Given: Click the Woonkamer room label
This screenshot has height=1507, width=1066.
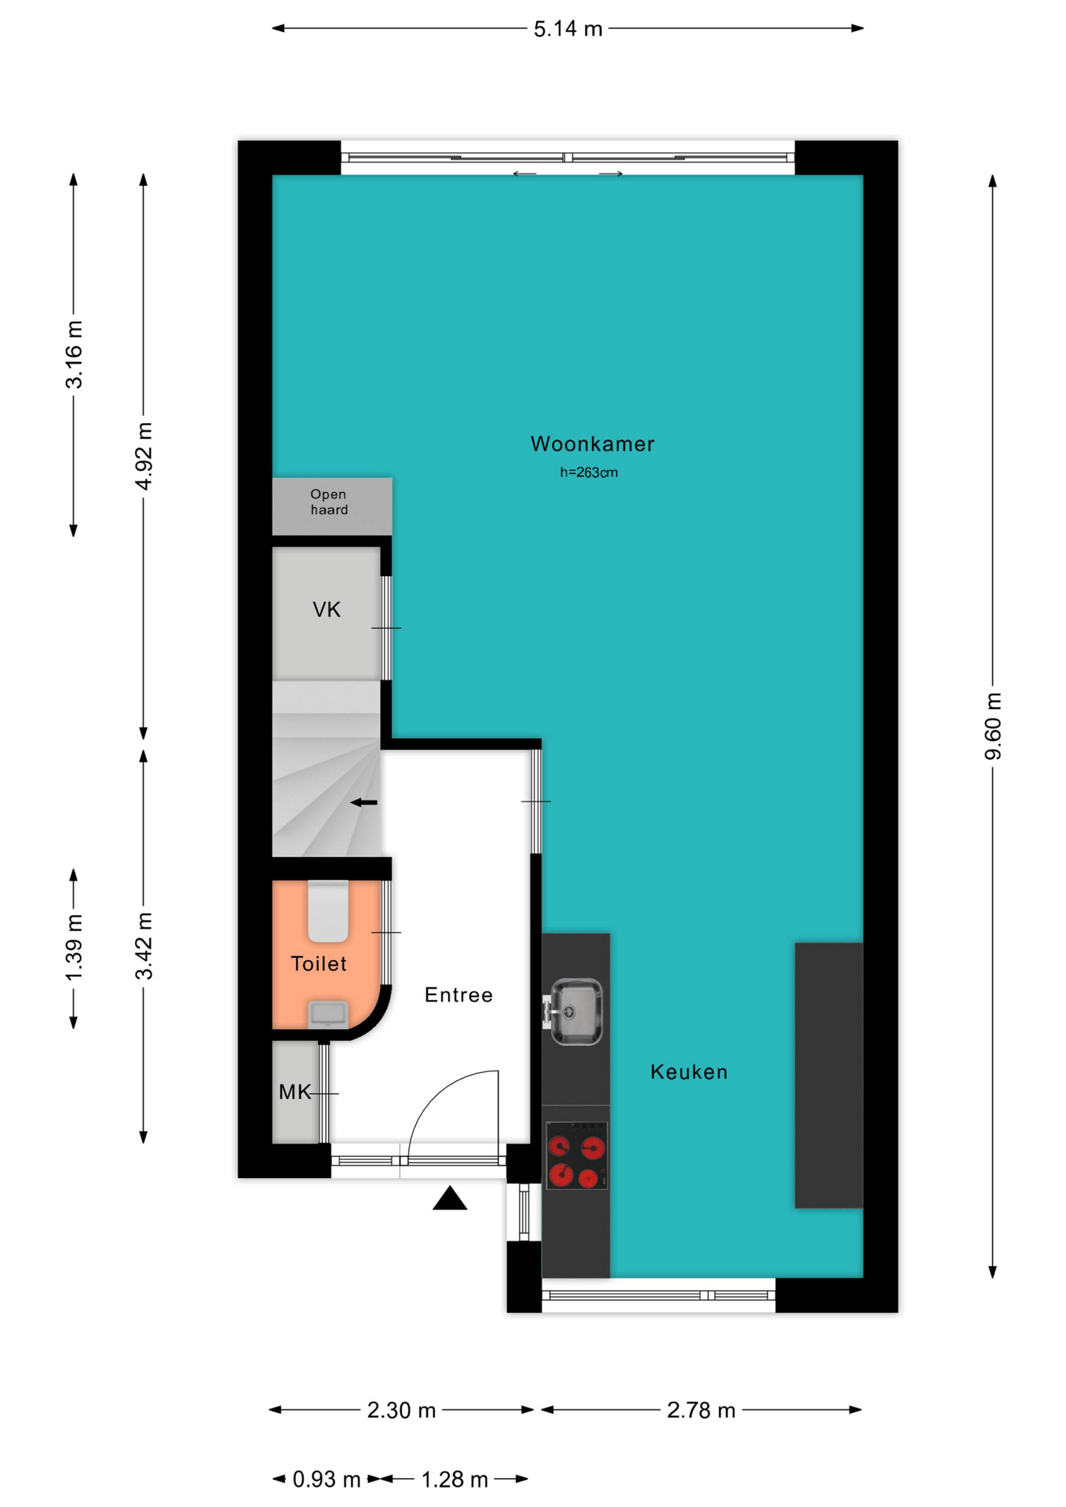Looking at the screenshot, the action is (x=593, y=444).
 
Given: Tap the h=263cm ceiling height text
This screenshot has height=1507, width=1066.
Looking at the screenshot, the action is (x=589, y=473).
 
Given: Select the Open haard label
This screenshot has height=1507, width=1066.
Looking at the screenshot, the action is (x=329, y=502).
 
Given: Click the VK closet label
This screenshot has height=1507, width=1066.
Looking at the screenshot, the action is (x=327, y=610).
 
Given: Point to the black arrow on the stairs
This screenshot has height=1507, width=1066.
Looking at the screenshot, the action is (x=363, y=802).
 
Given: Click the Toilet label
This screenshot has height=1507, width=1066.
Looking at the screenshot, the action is (x=319, y=964).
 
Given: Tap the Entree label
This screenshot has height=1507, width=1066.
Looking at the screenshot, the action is (x=459, y=995).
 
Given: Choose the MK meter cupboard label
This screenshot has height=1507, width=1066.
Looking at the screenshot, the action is (x=295, y=1092).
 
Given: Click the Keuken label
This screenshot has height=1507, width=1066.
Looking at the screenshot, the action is (x=689, y=1072).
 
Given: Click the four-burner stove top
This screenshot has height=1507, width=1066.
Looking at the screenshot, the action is (x=577, y=1155).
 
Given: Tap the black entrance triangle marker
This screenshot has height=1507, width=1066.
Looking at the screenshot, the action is (x=450, y=1199).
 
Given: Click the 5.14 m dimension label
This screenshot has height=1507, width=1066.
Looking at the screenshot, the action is (x=568, y=29).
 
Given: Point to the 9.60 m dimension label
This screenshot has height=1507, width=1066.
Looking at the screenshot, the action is (x=993, y=726).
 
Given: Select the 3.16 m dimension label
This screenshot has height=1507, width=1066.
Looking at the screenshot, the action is (x=74, y=355).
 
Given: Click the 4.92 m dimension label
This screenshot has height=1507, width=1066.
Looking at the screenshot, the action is (x=144, y=456).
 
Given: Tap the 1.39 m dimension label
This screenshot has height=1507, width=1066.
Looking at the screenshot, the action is (x=74, y=948).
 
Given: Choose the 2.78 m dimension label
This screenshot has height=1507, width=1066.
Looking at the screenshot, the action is (x=701, y=1411).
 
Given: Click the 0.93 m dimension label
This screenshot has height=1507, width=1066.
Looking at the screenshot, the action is (x=327, y=1480).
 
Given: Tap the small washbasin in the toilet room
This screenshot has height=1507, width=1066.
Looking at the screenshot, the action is (x=328, y=1013).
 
